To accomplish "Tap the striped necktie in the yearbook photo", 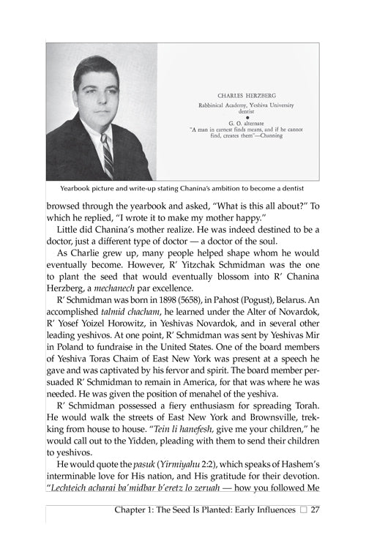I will click(107, 154).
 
